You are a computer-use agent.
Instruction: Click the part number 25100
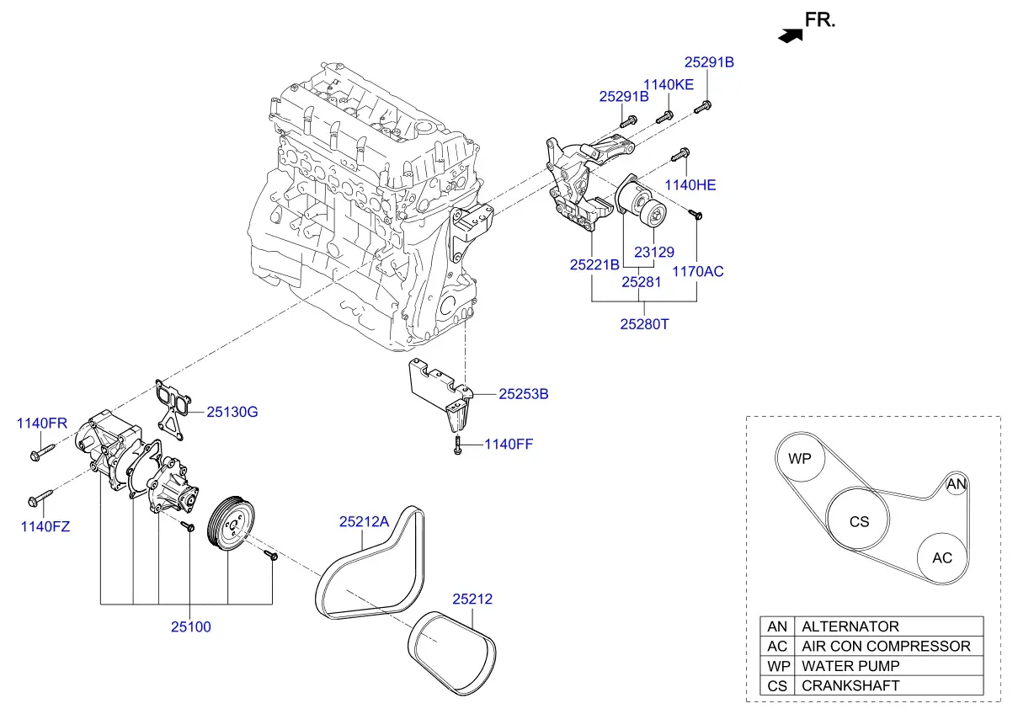(191, 626)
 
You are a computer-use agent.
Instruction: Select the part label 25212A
(364, 521)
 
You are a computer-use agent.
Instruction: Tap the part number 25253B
(524, 393)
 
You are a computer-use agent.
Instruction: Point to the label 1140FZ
(45, 526)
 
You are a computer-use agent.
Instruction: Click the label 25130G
(232, 412)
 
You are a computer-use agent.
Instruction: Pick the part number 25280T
(644, 324)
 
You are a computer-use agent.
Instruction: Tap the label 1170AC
(697, 271)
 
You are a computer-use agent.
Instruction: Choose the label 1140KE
(669, 84)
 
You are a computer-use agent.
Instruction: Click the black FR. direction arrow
(791, 36)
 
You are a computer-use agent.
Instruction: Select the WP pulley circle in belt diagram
(800, 458)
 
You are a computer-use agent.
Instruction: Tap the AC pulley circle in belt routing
(942, 558)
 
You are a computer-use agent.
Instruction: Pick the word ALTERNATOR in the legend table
(850, 626)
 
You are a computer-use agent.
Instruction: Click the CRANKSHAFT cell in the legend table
(889, 685)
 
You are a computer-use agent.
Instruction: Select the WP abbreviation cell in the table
(777, 666)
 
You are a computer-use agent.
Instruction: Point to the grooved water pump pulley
(231, 524)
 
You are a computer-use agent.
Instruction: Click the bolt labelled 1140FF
(458, 445)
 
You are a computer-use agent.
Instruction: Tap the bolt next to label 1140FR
(42, 453)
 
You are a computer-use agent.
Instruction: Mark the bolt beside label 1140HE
(680, 155)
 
